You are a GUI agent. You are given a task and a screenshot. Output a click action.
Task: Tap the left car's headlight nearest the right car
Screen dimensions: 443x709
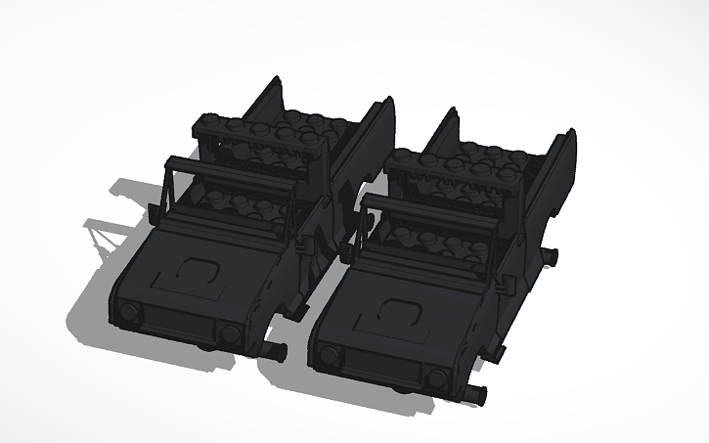pyautogui.click(x=230, y=334)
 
